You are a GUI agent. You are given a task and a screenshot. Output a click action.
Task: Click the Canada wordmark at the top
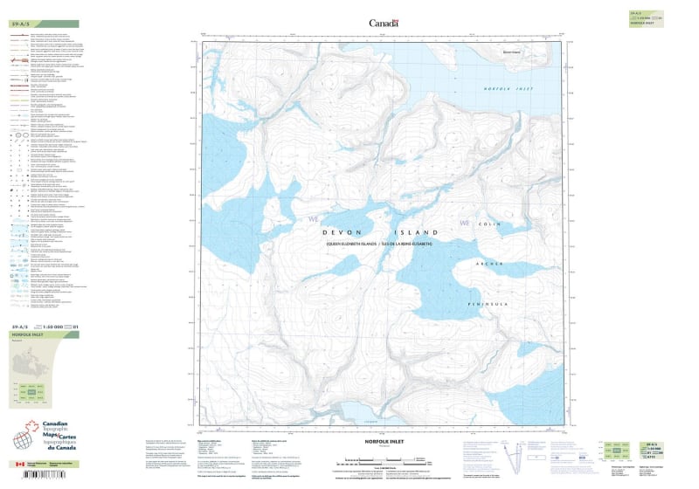coord(384,24)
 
